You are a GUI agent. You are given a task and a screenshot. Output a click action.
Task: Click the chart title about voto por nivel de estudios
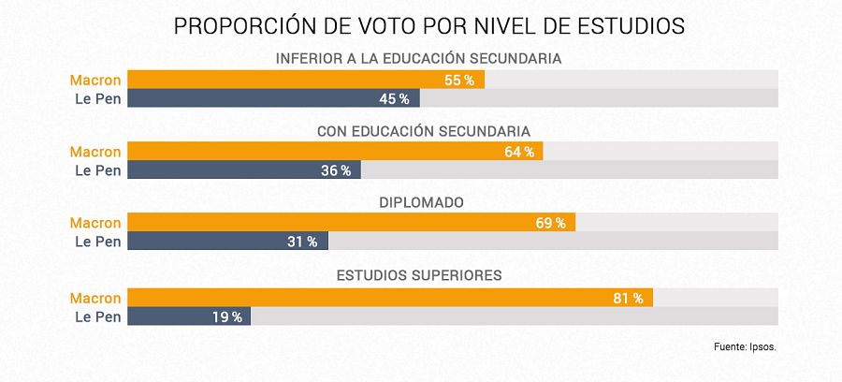tap(429, 26)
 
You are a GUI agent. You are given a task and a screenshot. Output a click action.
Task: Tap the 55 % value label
tap(458, 81)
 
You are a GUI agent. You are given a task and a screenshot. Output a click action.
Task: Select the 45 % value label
tap(394, 98)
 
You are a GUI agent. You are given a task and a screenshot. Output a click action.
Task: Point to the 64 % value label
tap(518, 152)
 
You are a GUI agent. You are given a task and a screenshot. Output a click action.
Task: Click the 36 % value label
tap(335, 170)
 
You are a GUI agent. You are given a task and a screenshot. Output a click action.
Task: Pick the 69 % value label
tap(550, 223)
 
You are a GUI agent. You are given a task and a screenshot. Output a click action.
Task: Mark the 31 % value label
tap(302, 242)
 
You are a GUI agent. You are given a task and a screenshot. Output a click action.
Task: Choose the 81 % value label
tap(628, 298)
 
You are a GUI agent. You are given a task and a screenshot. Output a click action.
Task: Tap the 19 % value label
tap(226, 316)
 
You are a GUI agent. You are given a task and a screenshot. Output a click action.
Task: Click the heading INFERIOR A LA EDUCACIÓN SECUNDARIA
tap(418, 59)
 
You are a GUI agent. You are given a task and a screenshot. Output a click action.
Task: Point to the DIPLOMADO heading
tap(420, 202)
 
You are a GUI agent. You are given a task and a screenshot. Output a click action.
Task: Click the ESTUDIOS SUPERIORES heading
tap(420, 275)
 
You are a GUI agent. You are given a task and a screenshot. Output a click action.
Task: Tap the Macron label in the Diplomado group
tap(95, 223)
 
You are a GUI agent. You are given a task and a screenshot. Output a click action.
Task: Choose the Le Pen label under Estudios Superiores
tap(98, 316)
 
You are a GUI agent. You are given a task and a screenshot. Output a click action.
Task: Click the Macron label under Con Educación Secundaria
tap(95, 152)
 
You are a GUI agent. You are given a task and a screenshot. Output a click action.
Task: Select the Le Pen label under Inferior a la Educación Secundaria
tap(98, 98)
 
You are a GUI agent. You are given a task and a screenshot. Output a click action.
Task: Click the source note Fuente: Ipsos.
tap(745, 347)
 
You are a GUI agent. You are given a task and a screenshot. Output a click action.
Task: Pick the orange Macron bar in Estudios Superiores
tap(374, 298)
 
